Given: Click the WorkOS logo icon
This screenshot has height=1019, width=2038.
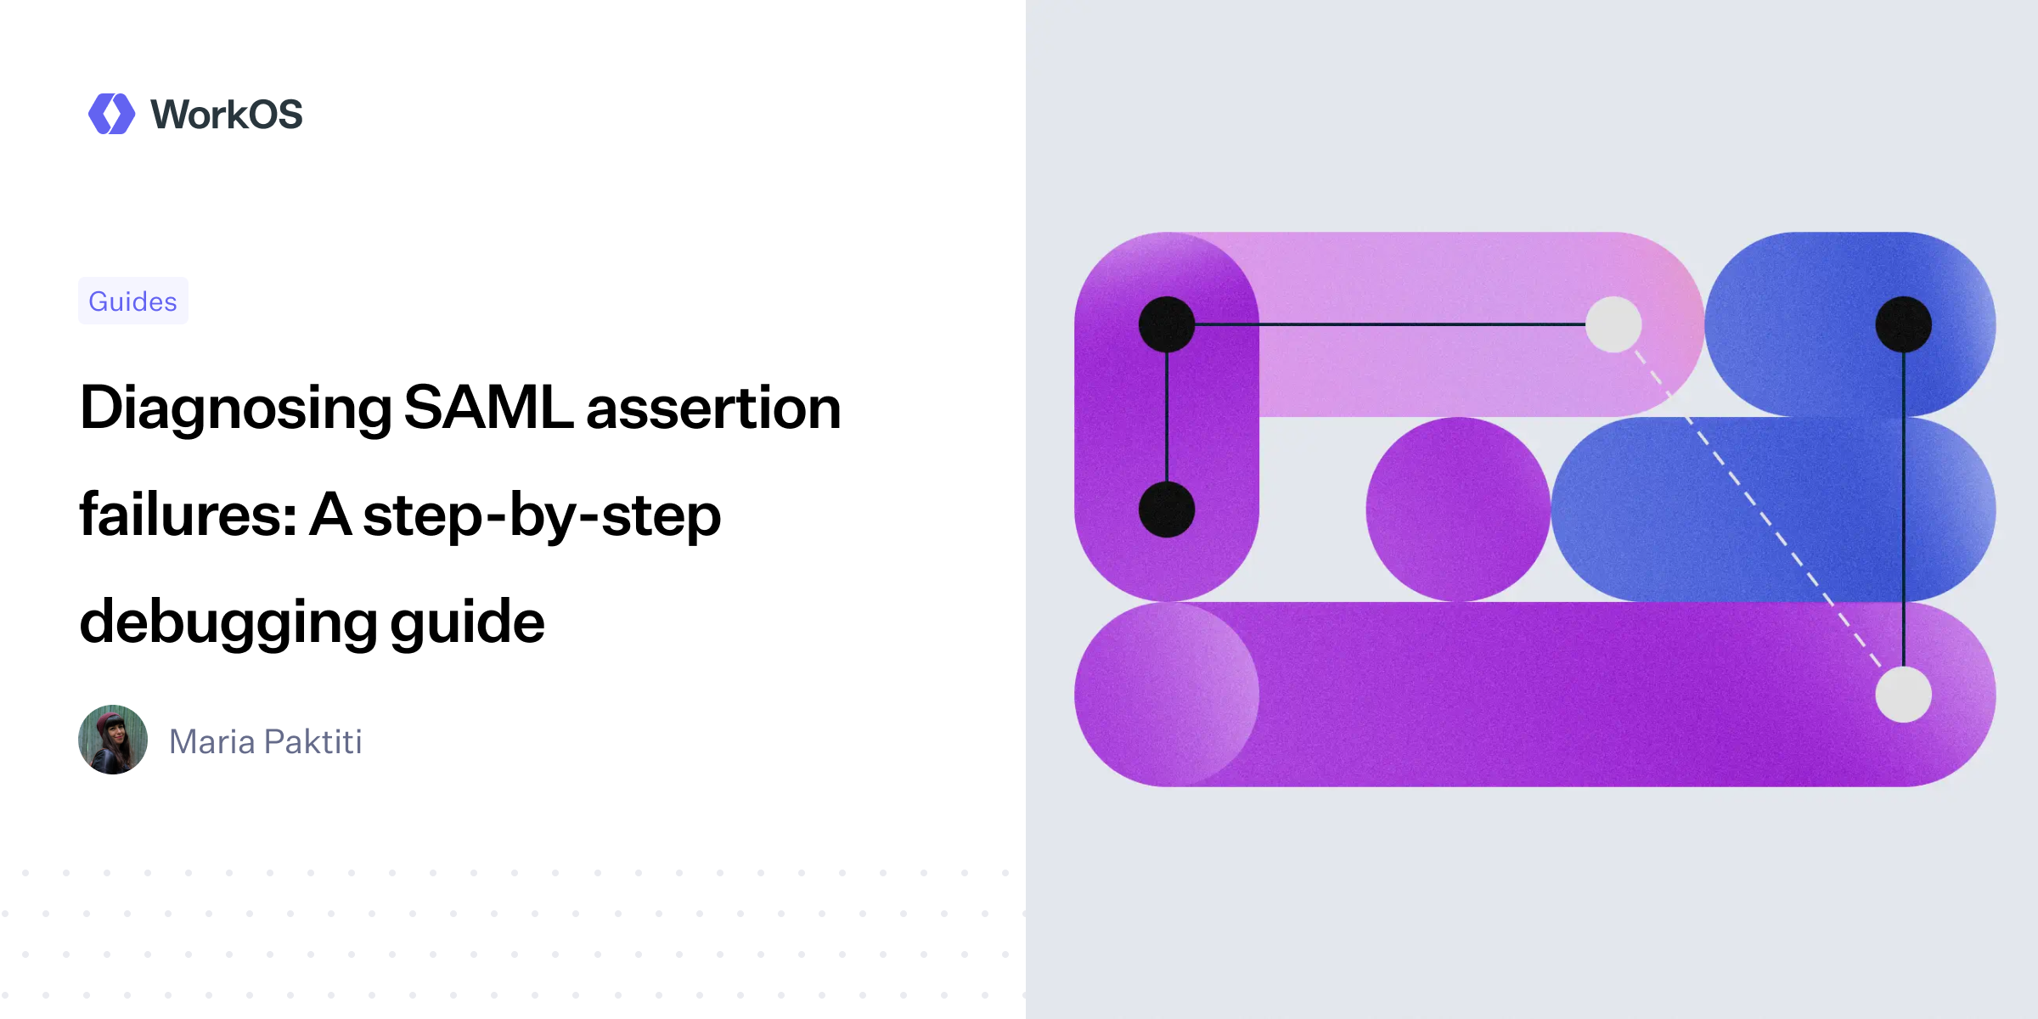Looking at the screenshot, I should click(x=111, y=114).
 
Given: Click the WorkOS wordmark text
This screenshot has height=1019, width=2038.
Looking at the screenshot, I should click(x=226, y=115).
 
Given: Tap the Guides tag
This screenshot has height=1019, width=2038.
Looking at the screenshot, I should click(x=133, y=301).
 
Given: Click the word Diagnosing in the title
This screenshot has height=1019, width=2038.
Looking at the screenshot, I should click(x=235, y=408).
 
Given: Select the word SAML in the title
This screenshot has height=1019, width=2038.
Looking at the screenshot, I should click(x=487, y=408).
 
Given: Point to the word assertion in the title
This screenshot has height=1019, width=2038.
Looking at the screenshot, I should click(x=713, y=408).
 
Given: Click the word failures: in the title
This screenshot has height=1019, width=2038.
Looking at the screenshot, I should click(x=188, y=515).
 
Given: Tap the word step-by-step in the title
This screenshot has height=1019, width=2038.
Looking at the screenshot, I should click(x=542, y=515).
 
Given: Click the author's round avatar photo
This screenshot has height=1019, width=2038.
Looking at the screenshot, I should click(x=113, y=740).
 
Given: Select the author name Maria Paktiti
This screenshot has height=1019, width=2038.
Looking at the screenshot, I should click(x=266, y=742).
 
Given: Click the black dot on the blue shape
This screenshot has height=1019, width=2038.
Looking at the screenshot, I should click(x=1903, y=324).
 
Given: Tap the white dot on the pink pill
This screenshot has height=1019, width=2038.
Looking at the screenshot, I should click(x=1613, y=324).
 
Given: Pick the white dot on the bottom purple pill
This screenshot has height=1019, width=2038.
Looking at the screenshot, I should click(x=1903, y=695).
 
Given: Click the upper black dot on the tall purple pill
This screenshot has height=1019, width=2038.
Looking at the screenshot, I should click(x=1167, y=324).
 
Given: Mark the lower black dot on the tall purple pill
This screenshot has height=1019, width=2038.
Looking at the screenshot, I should click(x=1167, y=509).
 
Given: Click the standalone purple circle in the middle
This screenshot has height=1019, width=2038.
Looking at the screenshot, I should click(x=1458, y=509).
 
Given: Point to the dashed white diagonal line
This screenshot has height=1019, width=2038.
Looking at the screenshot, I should click(x=1758, y=509).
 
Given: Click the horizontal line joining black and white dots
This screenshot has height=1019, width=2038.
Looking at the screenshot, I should click(x=1390, y=324).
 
